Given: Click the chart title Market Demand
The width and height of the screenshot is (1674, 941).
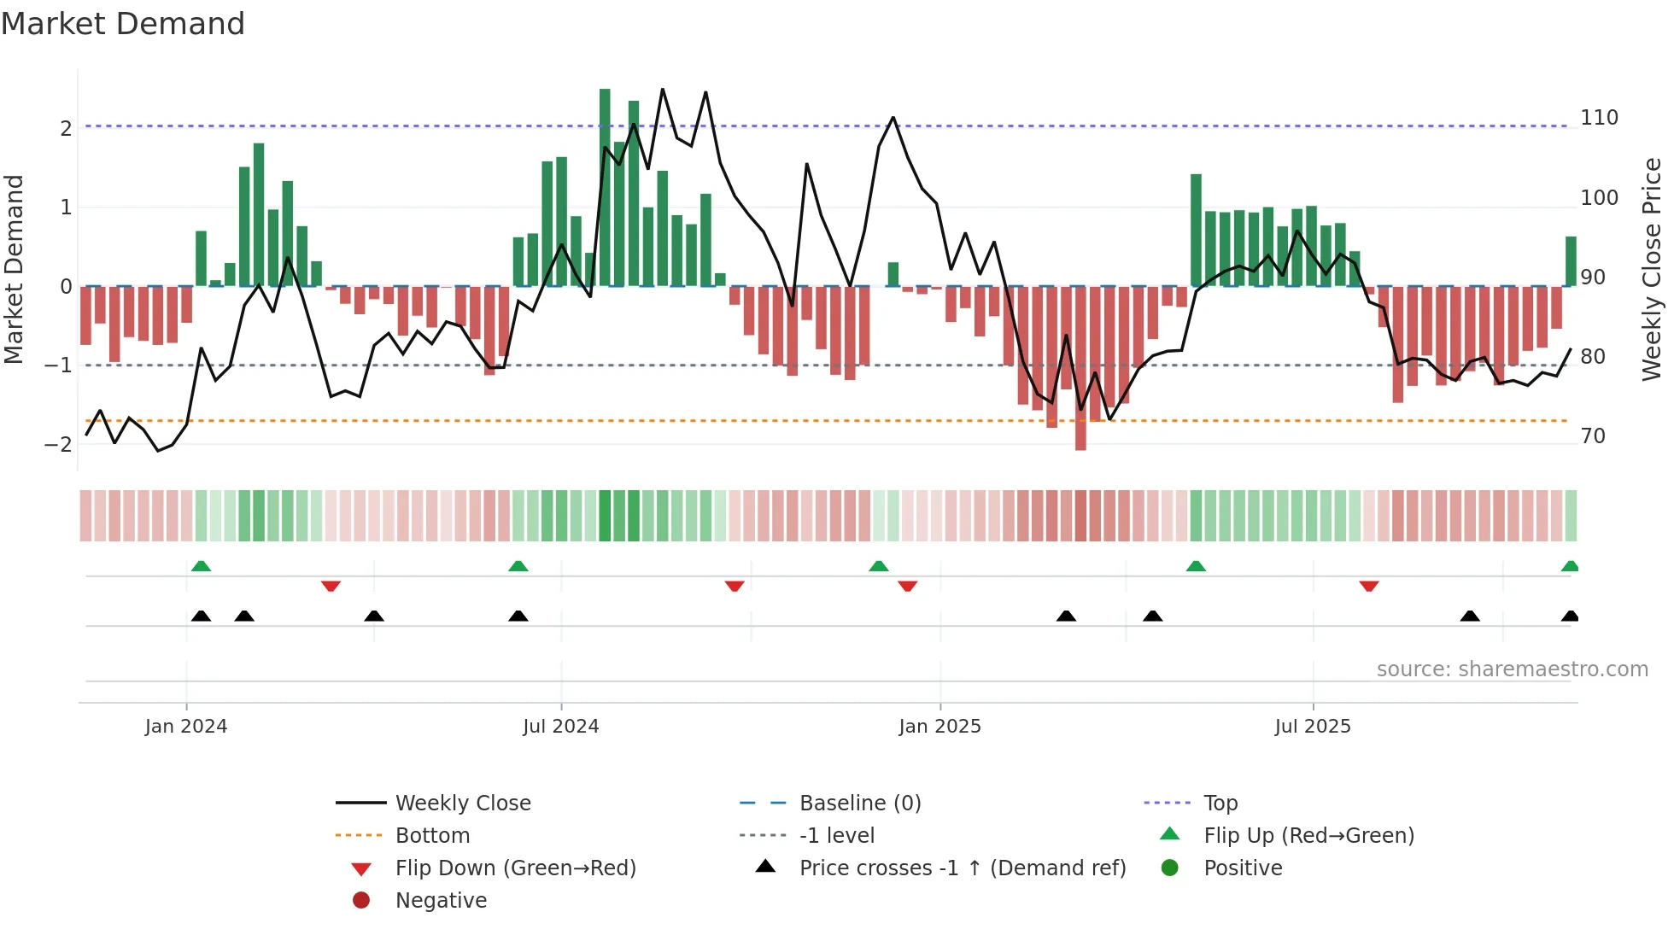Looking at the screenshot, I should click(x=123, y=24).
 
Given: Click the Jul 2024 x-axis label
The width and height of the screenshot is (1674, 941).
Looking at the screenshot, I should click(x=560, y=727).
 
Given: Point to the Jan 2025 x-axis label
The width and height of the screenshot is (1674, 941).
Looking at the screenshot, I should click(x=939, y=727).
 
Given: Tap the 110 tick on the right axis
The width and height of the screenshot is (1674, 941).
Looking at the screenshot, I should click(x=1599, y=118).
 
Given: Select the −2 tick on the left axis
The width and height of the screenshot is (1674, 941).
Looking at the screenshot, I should click(x=58, y=444).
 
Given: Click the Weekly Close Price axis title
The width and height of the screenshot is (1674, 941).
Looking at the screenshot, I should click(x=1652, y=269).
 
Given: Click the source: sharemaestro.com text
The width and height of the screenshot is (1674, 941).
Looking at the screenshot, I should click(x=1512, y=669).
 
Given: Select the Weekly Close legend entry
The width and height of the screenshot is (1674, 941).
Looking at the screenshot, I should click(x=462, y=804).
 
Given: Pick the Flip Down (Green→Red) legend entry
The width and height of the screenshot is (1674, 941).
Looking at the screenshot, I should click(x=515, y=868).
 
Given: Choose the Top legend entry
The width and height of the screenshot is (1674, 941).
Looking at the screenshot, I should click(x=1220, y=804).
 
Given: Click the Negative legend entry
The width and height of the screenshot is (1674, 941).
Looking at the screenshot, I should click(x=441, y=901).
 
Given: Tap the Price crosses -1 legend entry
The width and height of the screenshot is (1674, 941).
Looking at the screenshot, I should click(x=962, y=868).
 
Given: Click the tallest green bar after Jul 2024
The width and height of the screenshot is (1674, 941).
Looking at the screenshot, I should click(x=605, y=188).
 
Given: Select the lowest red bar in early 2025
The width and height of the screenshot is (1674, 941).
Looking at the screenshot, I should click(x=1080, y=367).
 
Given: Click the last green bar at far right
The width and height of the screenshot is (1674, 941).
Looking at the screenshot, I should click(x=1571, y=261).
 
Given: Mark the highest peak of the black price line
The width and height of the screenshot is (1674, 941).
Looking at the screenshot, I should click(x=662, y=89).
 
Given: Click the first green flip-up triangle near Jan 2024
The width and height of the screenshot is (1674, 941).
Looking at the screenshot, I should click(x=201, y=566).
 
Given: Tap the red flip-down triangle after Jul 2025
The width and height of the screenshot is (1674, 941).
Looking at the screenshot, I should click(x=1369, y=586).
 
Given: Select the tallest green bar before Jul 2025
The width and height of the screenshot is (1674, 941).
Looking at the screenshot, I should click(x=1196, y=231).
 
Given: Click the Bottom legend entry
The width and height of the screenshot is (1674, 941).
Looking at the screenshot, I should click(x=431, y=836).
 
